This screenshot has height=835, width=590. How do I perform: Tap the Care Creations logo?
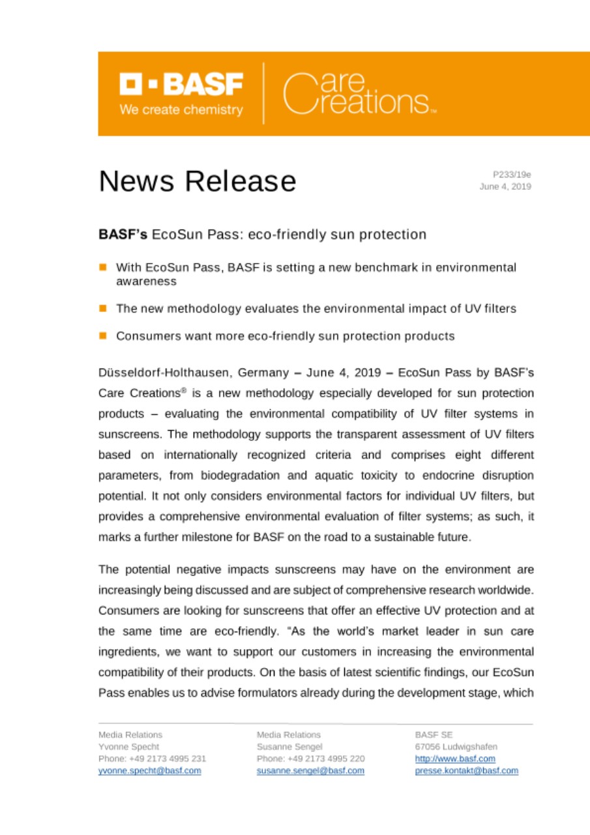pos(357,95)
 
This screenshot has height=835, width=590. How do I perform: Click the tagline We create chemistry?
pos(181,110)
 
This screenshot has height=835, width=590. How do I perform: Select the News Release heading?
pos(197,181)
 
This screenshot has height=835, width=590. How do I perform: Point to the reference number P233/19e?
pos(512,174)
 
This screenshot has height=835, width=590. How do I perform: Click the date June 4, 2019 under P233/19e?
pos(505,187)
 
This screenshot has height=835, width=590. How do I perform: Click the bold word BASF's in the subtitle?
pos(123,234)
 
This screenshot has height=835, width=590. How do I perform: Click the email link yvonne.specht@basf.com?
pos(149,770)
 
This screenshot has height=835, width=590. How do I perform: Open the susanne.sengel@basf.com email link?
pos(310,770)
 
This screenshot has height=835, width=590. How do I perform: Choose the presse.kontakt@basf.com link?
pos(467,770)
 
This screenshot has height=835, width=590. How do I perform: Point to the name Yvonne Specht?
pos(128,746)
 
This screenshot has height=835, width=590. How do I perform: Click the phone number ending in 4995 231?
pos(153,759)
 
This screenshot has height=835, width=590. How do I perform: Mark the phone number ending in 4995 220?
pos(311,759)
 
